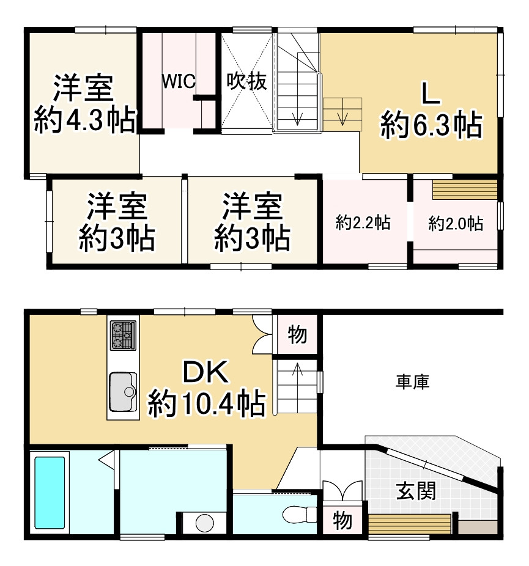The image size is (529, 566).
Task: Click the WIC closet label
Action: coord(178,81)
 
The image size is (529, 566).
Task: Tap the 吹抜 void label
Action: coord(247,81)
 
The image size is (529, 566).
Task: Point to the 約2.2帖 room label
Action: coord(364,223)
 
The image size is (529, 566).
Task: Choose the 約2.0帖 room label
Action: coord(456,224)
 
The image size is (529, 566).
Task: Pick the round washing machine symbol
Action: coord(202,523)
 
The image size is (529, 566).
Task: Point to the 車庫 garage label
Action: coord(412,383)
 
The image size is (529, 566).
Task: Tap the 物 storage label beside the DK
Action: coord(297,335)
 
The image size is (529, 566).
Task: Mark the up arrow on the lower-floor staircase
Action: coord(297,370)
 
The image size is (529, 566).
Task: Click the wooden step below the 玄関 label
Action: coord(410,524)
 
